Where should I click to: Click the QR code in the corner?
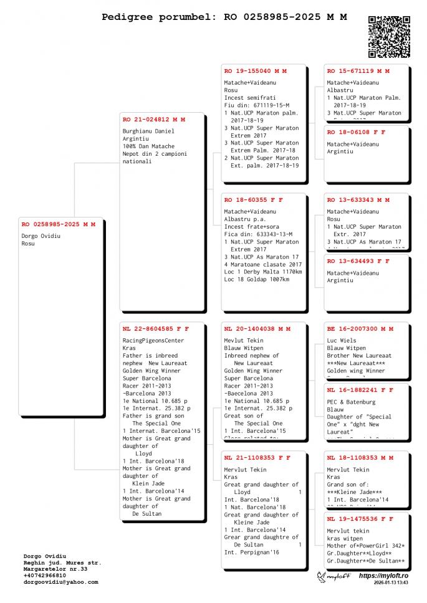click(x=390, y=37)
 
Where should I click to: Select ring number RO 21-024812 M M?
click(x=154, y=119)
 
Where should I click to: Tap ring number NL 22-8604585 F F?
click(x=156, y=328)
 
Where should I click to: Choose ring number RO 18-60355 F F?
click(x=254, y=200)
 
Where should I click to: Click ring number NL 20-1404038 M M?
click(x=257, y=328)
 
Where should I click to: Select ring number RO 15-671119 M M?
click(x=358, y=71)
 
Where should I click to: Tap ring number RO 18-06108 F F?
click(x=357, y=132)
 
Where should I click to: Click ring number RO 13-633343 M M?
click(x=358, y=200)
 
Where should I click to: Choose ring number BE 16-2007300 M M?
click(x=360, y=328)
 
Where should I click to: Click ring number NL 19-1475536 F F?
click(x=360, y=518)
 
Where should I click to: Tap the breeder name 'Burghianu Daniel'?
click(x=148, y=131)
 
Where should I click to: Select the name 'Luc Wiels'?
click(x=342, y=341)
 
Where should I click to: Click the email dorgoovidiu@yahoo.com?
click(x=60, y=582)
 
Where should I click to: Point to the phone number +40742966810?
click(x=44, y=576)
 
